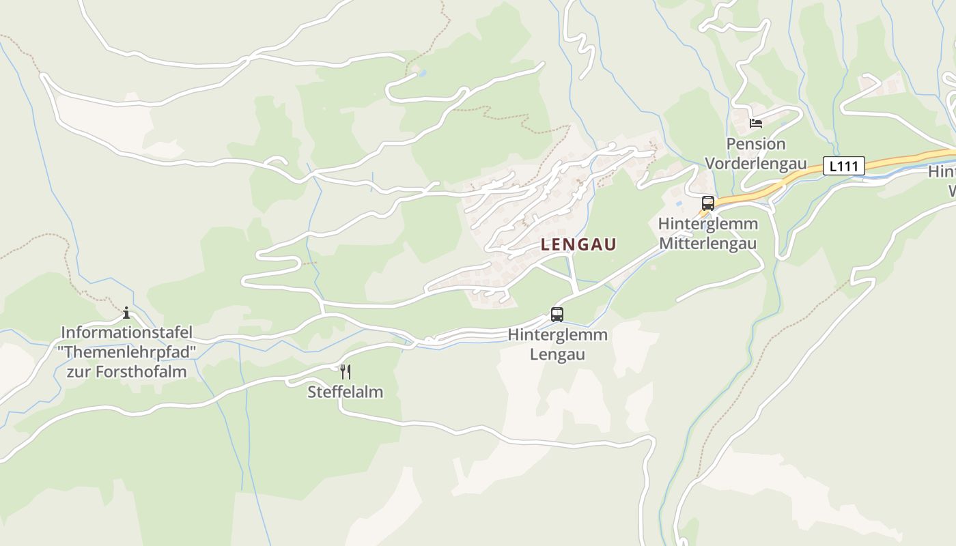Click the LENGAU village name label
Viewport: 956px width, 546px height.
click(x=578, y=244)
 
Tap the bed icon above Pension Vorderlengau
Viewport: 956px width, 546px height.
click(x=755, y=124)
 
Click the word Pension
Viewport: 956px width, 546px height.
click(x=755, y=144)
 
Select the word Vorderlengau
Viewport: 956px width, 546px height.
click(x=755, y=164)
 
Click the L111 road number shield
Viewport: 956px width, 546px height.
click(x=843, y=166)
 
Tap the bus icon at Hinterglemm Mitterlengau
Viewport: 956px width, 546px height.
click(x=707, y=203)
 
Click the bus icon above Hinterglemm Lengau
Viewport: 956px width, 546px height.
click(x=557, y=315)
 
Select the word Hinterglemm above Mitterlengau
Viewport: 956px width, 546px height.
click(x=707, y=224)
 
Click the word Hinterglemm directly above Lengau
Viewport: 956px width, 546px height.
click(x=557, y=335)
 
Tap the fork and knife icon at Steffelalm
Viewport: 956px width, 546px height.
click(x=346, y=372)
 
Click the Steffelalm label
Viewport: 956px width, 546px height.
click(x=345, y=392)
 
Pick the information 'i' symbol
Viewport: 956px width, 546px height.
click(x=126, y=313)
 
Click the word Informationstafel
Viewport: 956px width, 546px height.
click(x=126, y=333)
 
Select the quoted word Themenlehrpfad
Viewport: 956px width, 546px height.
click(x=126, y=352)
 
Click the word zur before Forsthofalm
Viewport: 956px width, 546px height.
click(x=79, y=372)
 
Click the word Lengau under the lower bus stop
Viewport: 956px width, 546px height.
click(x=557, y=355)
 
